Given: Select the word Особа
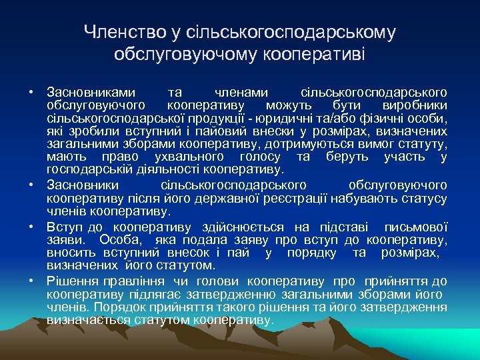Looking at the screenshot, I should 121,240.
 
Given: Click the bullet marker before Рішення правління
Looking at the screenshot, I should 31,281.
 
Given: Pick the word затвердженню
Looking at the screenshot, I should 237,293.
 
